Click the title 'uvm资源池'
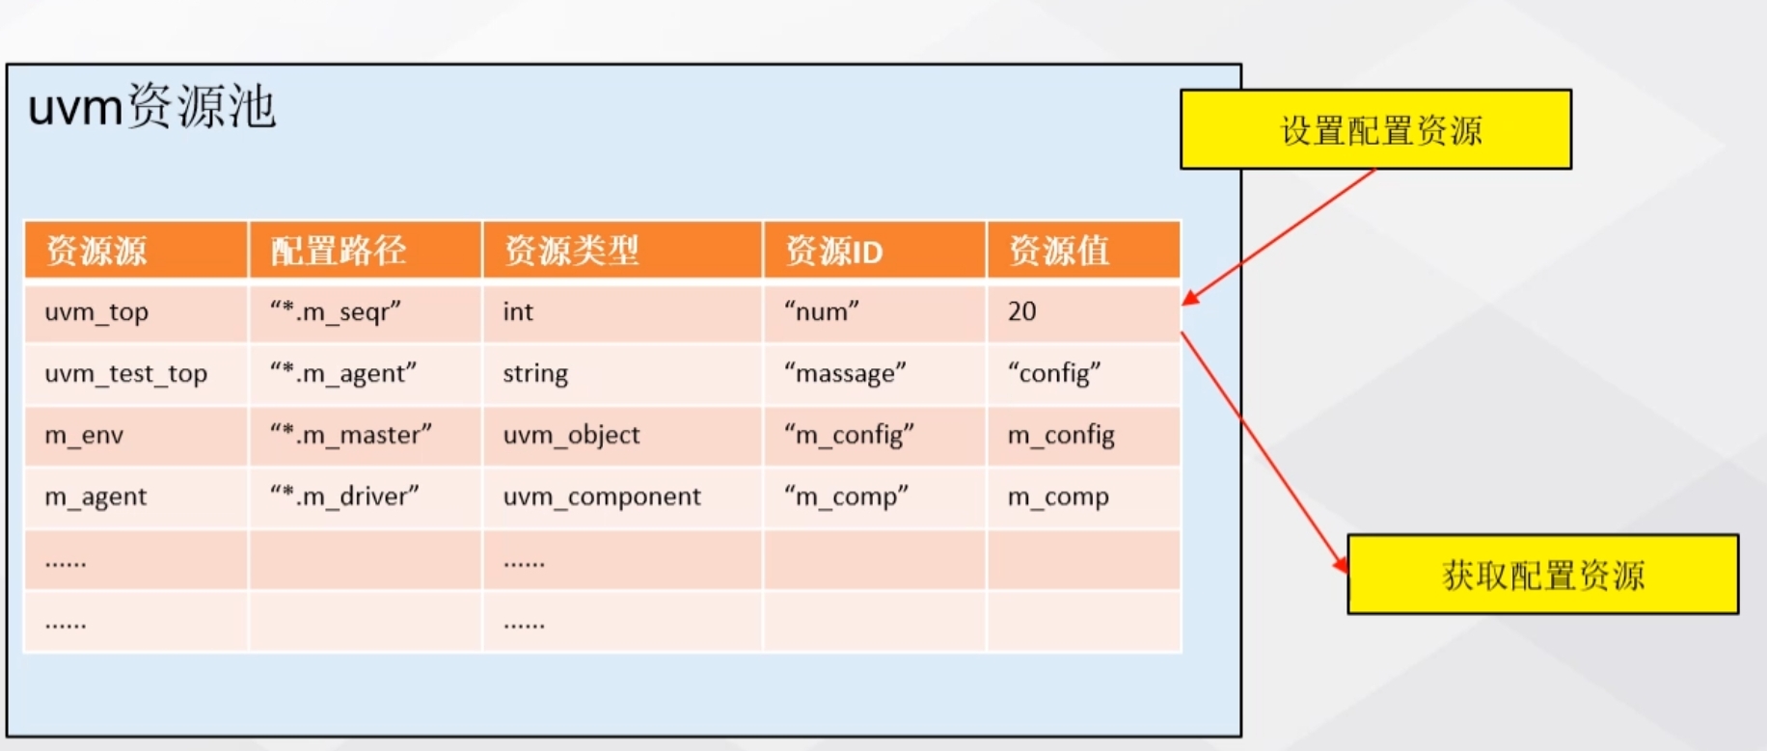coord(151,106)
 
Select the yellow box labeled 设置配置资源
coord(1376,130)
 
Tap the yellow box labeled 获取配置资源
coord(1542,575)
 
